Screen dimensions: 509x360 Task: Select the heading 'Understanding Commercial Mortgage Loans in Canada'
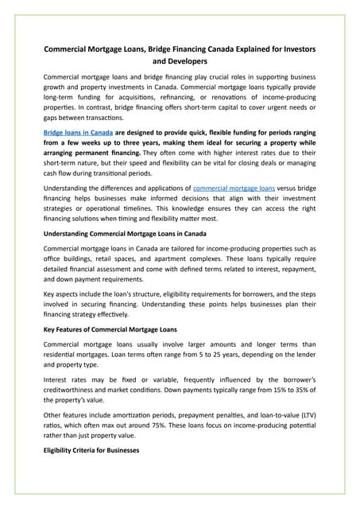[x=125, y=233]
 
